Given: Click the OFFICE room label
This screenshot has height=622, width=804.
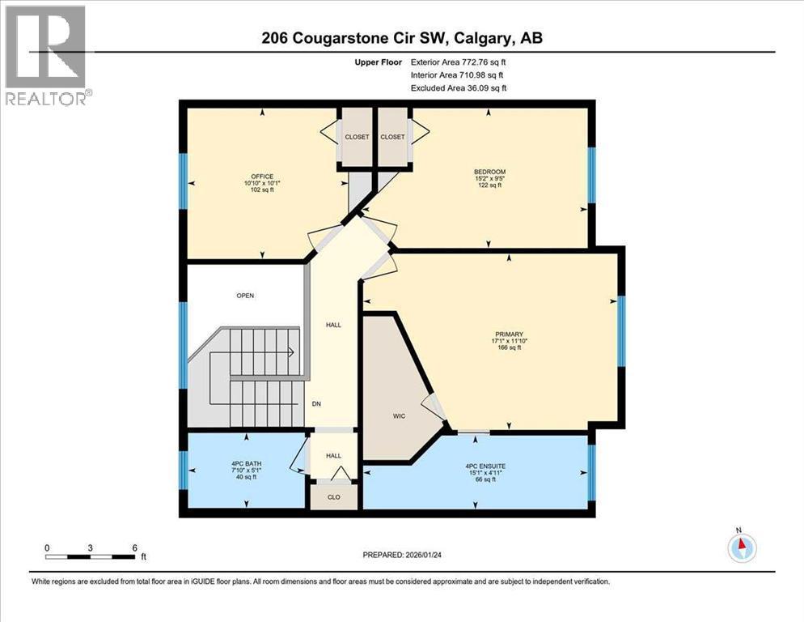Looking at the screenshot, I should pyautogui.click(x=261, y=177).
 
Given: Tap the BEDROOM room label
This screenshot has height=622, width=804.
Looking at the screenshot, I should pyautogui.click(x=489, y=172).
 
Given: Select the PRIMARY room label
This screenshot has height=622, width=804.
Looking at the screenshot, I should pyautogui.click(x=510, y=334).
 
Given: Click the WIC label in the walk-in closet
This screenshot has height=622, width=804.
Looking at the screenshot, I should pyautogui.click(x=399, y=415).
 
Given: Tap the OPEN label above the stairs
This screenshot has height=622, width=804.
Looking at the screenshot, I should pyautogui.click(x=245, y=296).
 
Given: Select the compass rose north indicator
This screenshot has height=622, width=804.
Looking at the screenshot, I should pyautogui.click(x=741, y=547).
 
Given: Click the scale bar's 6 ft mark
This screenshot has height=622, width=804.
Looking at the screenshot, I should pyautogui.click(x=134, y=548).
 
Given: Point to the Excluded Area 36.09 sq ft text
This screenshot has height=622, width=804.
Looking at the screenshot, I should pyautogui.click(x=459, y=87).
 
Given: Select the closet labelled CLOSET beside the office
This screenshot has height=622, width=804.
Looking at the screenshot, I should pyautogui.click(x=356, y=137).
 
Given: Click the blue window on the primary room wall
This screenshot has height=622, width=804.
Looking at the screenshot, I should pyautogui.click(x=621, y=331).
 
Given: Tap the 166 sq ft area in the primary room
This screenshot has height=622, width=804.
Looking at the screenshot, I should pyautogui.click(x=510, y=347).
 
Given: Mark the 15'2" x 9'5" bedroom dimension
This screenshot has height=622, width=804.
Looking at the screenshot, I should pyautogui.click(x=489, y=179).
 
